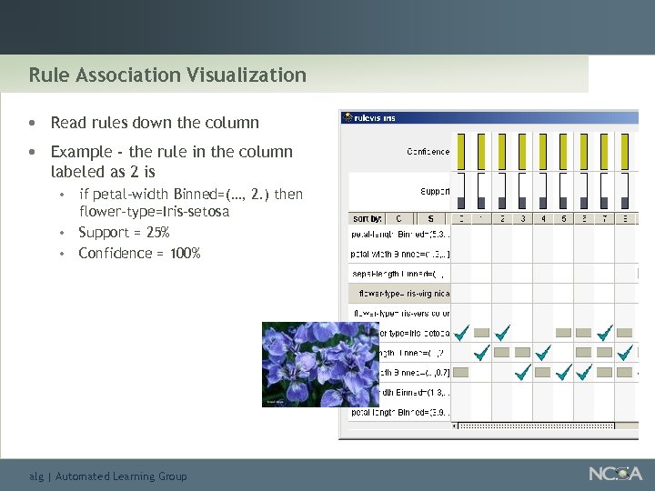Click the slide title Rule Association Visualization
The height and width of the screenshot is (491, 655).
coord(167,75)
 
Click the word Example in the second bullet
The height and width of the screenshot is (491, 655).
coord(81,152)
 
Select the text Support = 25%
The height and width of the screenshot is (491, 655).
coord(124,233)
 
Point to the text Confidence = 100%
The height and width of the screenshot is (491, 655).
coord(139,253)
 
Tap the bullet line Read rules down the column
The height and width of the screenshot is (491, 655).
coord(155,123)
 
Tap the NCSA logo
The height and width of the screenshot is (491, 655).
coord(615,474)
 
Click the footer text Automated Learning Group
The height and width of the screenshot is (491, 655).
coord(121,476)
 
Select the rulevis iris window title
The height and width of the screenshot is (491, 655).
coord(375,118)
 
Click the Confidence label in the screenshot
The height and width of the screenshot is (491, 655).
coord(428,152)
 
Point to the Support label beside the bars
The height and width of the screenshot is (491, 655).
coord(434,191)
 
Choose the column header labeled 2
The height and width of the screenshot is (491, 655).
coord(502,219)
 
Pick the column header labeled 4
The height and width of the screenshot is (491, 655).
coord(543,219)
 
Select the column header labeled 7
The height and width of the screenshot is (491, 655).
coord(605,219)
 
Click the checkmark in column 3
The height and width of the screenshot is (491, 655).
coord(523,371)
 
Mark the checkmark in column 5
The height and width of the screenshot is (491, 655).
coord(564,371)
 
